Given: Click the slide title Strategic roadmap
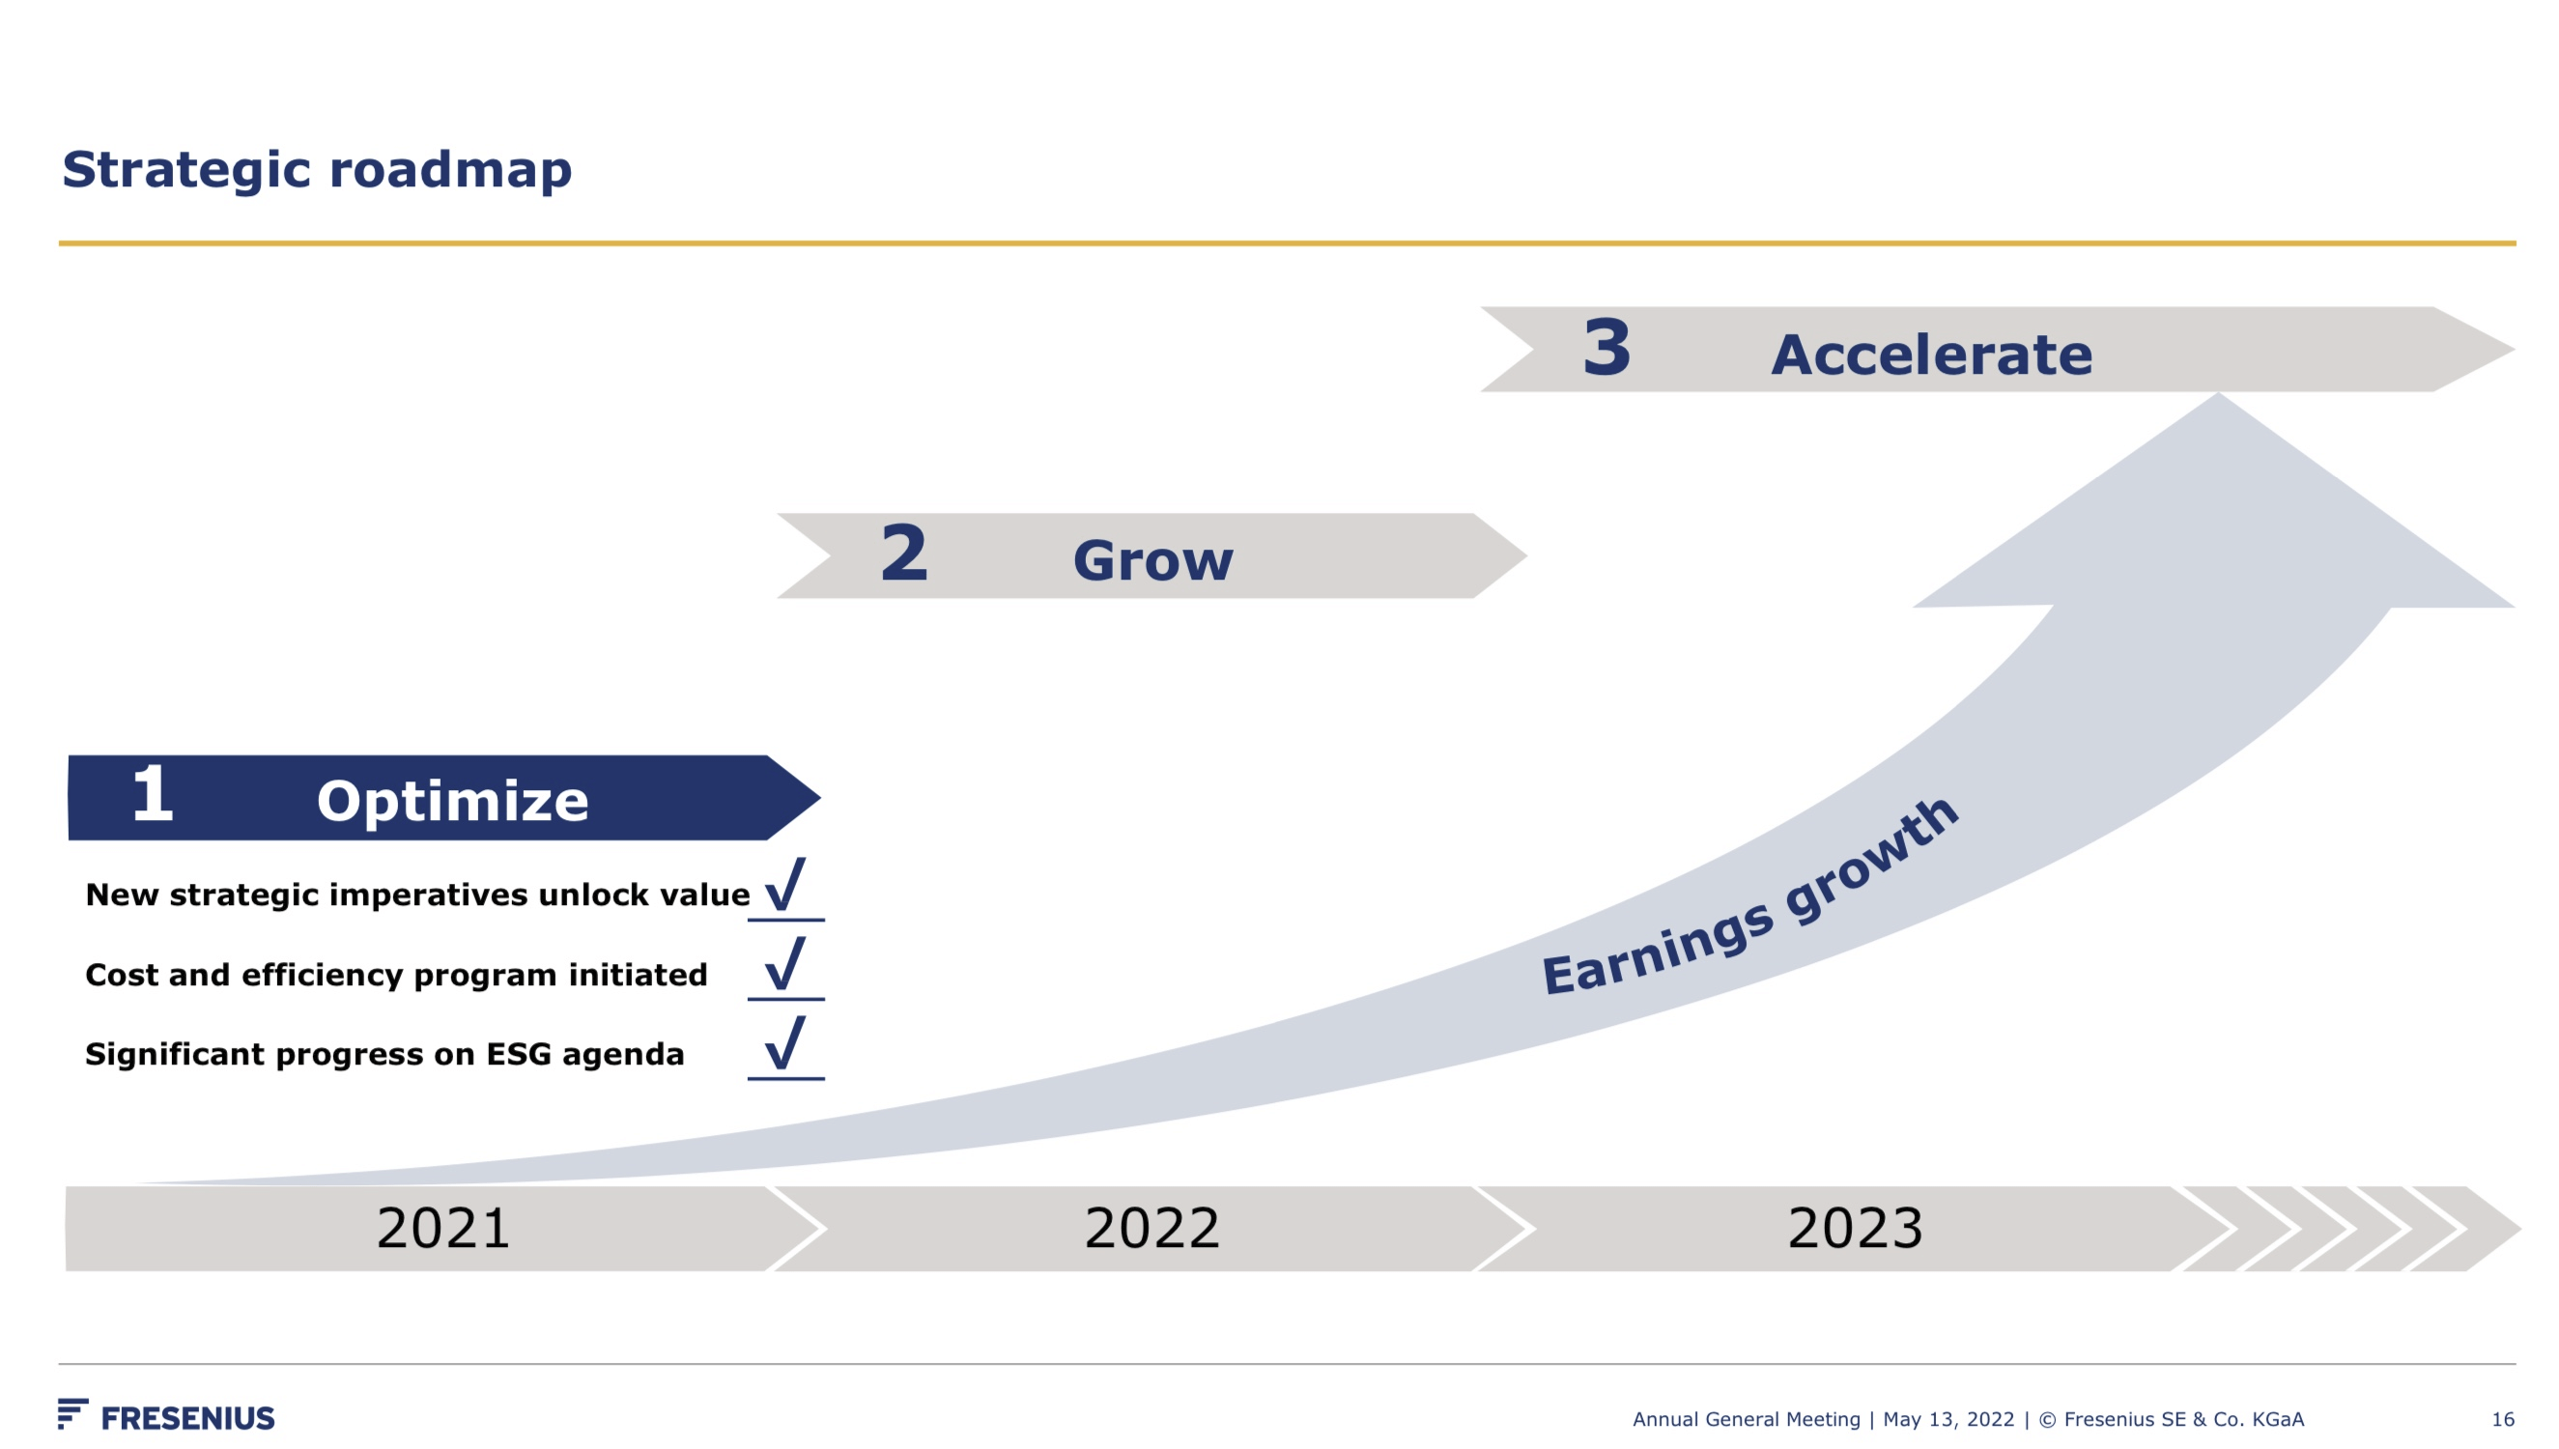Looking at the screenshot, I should (317, 169).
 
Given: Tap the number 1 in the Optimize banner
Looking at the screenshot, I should (153, 794).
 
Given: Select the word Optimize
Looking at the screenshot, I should (453, 801).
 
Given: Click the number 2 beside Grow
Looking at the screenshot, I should (903, 554).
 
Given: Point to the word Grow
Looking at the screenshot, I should (1152, 560).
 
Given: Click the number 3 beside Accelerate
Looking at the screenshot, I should (1606, 348).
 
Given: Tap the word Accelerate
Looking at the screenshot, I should (1931, 355).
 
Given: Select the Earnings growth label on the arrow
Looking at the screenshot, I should (1749, 901).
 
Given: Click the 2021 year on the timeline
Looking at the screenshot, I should (443, 1228).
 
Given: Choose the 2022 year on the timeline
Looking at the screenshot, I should (1152, 1228).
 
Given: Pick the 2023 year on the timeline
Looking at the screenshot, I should (1855, 1228).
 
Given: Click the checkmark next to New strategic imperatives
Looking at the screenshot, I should (785, 885).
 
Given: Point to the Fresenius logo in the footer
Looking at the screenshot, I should (167, 1416).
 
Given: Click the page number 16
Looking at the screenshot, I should (2502, 1420).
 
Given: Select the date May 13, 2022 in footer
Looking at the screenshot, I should (1948, 1420).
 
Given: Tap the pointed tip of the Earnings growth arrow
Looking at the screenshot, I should (2218, 398).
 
